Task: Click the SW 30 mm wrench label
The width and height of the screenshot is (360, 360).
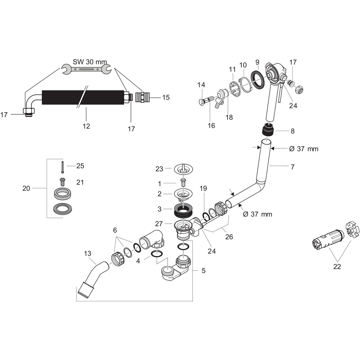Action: tap(90, 62)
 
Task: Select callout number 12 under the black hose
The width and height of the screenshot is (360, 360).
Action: tap(86, 126)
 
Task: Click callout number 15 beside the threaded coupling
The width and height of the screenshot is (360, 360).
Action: tap(166, 97)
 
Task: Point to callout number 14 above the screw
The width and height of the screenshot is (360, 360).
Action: tap(201, 85)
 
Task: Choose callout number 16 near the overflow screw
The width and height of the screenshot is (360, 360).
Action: tap(211, 125)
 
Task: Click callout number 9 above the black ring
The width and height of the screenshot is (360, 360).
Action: tap(257, 62)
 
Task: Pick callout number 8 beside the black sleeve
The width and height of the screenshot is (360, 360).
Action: tap(292, 131)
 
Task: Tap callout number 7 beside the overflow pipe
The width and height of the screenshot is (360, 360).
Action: tap(292, 167)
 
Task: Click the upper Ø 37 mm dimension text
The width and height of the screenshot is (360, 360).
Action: tap(303, 149)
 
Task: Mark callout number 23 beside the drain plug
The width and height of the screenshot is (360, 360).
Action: tap(159, 169)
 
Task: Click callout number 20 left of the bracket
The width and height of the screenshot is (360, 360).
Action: tap(26, 188)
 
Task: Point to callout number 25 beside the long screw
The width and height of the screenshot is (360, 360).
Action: tap(80, 166)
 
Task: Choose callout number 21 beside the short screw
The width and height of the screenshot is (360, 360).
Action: tap(80, 182)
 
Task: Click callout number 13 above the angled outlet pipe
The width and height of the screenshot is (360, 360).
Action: tap(87, 254)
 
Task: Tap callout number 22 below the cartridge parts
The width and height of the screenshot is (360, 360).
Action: tap(337, 267)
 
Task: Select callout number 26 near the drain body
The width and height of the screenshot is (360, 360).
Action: tap(229, 237)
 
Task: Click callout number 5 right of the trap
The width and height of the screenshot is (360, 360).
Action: tap(203, 270)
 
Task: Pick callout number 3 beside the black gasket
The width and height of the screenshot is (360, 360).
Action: tap(160, 209)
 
